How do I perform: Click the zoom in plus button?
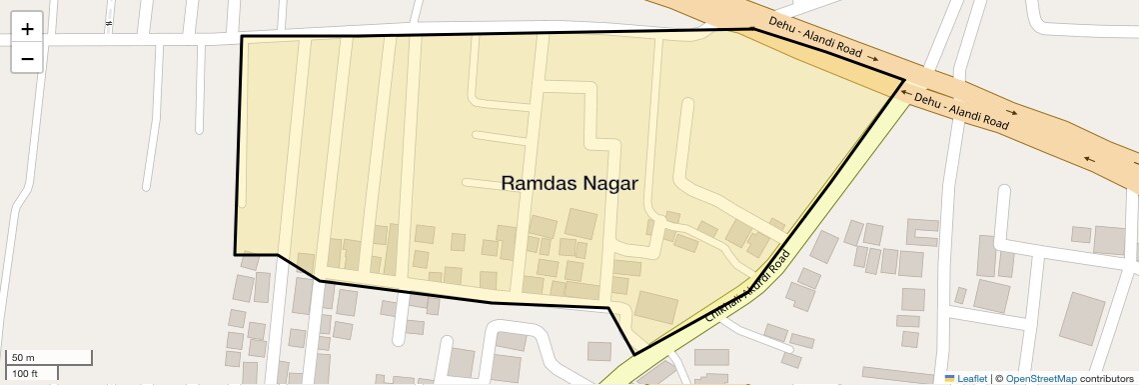(x=27, y=29)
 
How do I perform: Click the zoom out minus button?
(x=27, y=59)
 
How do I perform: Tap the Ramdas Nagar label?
(x=569, y=183)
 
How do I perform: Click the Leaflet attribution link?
(x=972, y=378)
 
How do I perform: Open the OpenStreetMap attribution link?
(x=1040, y=378)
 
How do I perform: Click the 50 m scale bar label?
(x=23, y=357)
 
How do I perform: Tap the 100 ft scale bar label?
(x=26, y=373)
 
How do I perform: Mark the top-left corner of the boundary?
(x=242, y=37)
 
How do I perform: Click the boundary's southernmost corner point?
(x=633, y=354)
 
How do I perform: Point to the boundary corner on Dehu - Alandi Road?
(x=904, y=79)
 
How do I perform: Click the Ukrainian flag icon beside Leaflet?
(x=950, y=378)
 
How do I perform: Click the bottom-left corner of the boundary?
(x=236, y=254)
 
